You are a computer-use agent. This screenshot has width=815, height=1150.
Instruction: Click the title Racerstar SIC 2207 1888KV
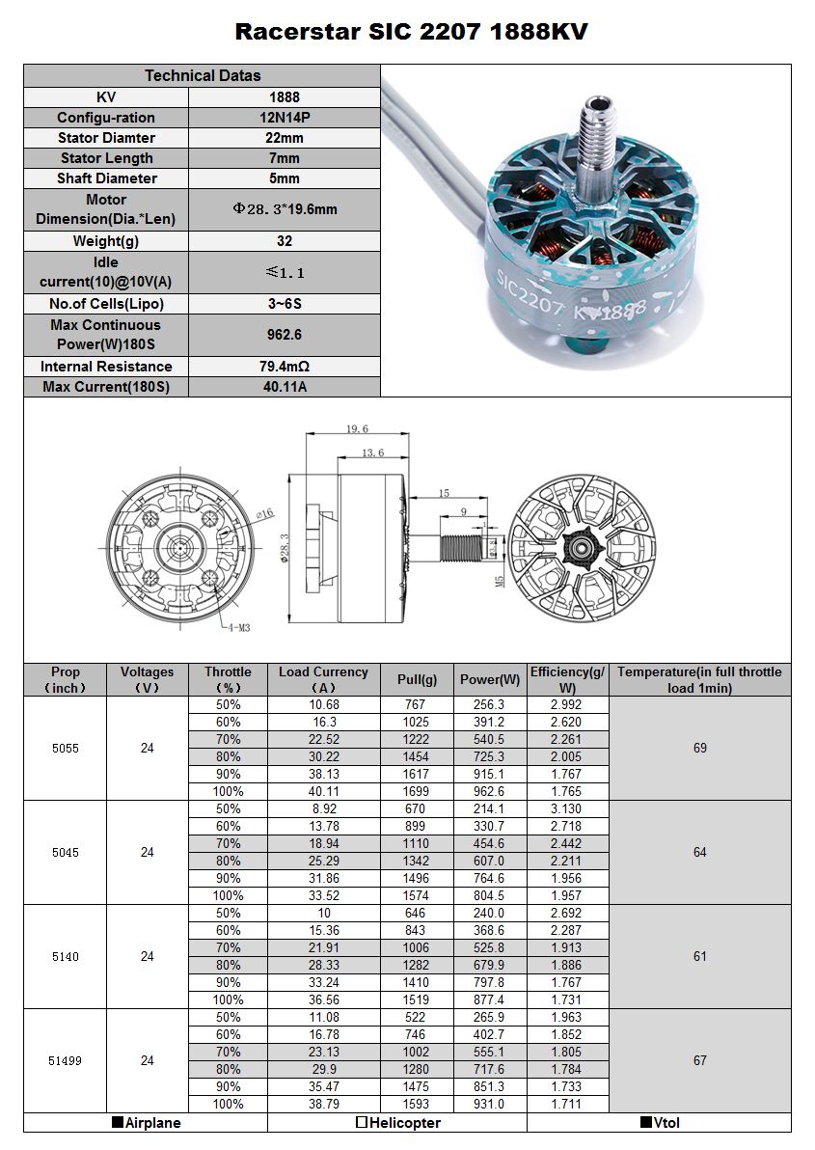(x=411, y=32)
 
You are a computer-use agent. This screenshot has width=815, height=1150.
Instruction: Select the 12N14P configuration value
(x=285, y=118)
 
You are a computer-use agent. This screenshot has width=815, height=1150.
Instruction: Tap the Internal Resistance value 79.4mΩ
(x=285, y=366)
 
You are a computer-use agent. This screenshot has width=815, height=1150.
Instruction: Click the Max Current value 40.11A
(x=285, y=387)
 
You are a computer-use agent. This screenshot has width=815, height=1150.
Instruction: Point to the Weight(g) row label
(x=105, y=241)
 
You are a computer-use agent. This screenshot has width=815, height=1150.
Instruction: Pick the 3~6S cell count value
(x=285, y=304)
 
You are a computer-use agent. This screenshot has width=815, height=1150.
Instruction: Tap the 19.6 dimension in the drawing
(x=357, y=429)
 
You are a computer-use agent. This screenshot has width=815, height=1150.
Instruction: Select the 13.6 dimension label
(x=372, y=452)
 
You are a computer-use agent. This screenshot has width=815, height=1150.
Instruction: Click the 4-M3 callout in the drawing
(x=239, y=628)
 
